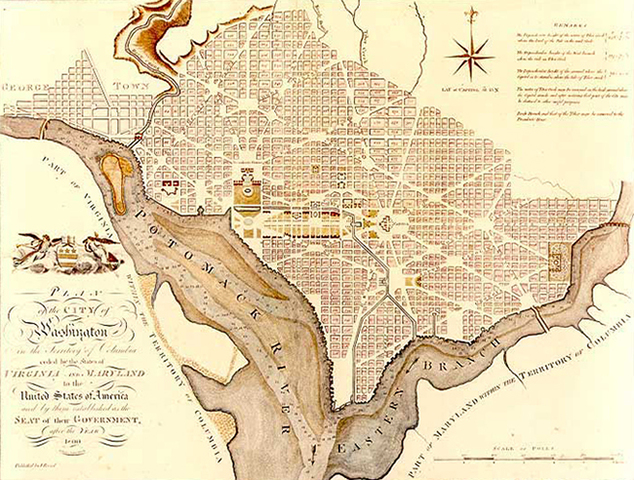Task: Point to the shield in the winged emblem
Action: pos(62,255)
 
